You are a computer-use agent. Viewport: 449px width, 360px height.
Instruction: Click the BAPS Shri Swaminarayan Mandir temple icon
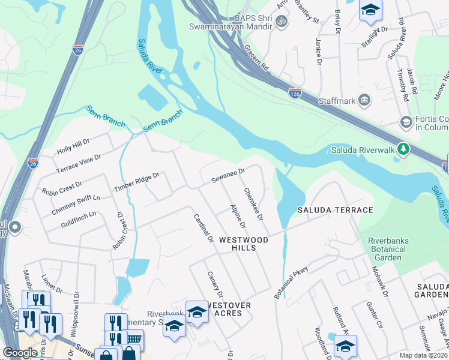point(281,22)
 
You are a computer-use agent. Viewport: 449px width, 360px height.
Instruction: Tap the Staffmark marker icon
point(364,99)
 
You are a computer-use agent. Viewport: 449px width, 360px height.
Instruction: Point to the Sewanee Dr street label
point(228,176)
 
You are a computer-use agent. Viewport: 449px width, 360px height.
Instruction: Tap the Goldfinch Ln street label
point(79,219)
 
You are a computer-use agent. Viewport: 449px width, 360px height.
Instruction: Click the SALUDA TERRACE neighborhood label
point(336,210)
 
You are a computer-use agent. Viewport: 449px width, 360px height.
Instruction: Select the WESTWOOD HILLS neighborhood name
point(243,244)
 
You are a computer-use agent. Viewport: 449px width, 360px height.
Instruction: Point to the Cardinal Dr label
point(203,228)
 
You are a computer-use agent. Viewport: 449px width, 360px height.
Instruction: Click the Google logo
point(20,353)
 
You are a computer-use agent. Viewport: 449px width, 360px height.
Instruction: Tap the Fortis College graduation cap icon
point(406,122)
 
